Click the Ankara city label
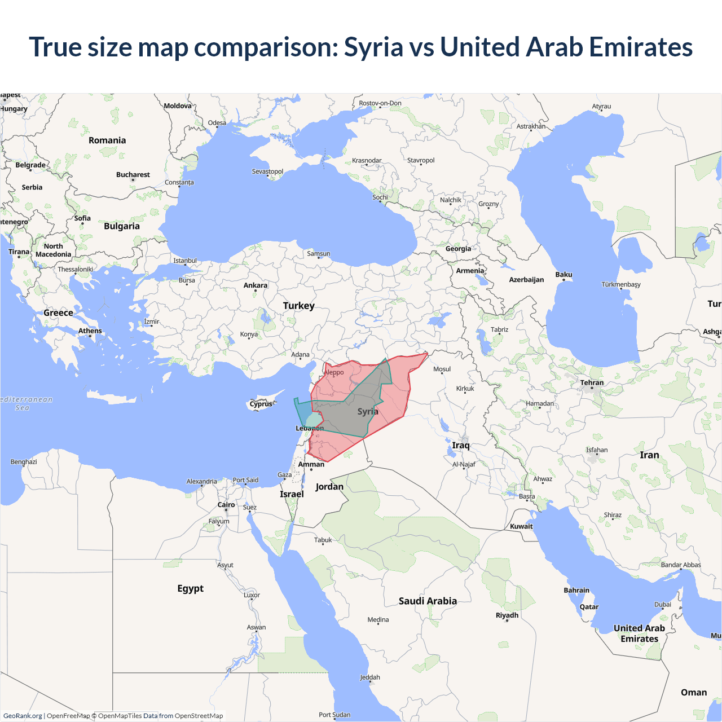point(256,285)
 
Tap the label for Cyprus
point(261,404)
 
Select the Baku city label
point(563,275)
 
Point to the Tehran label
point(592,382)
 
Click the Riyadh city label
point(507,615)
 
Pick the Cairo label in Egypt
point(226,505)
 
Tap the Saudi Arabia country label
point(428,601)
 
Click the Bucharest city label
point(133,175)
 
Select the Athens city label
point(90,331)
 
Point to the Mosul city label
point(442,369)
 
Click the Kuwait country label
point(521,526)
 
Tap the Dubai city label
point(663,605)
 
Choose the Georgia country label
point(458,249)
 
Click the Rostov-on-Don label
point(380,103)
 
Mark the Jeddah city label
point(370,677)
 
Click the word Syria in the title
point(373,47)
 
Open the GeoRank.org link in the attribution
point(23,716)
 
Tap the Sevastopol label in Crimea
point(267,171)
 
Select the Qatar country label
point(589,607)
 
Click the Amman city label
point(311,464)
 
